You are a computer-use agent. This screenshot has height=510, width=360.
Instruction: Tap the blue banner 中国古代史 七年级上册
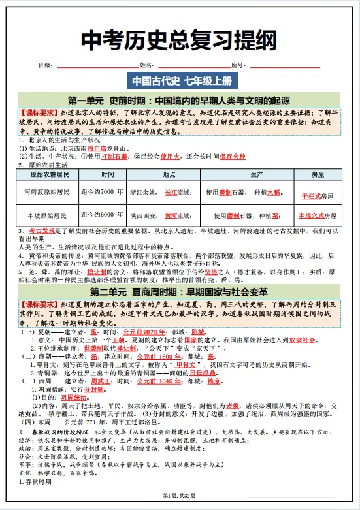180,81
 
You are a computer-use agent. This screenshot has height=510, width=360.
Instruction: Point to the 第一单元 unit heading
180,101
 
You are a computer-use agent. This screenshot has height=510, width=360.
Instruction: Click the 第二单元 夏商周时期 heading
180,291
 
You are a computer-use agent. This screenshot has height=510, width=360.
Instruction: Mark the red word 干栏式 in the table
310,195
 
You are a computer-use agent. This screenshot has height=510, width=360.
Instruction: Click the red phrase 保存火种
232,157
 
